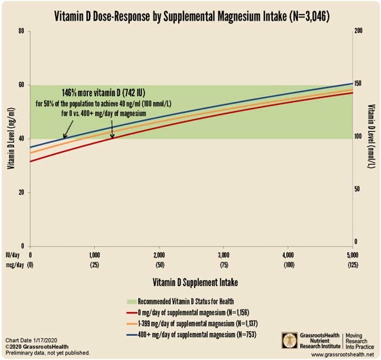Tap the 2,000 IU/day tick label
click(x=159, y=256)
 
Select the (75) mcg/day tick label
click(x=223, y=265)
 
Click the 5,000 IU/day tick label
click(x=352, y=256)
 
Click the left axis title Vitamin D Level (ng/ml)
click(x=10, y=138)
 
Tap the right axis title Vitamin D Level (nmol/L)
click(x=372, y=138)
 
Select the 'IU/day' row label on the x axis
click(x=14, y=256)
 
